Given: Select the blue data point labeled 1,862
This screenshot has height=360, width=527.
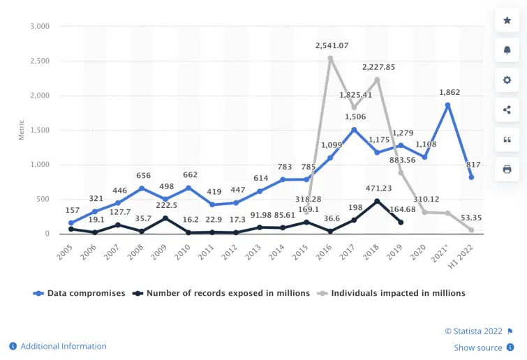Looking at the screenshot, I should point(447,105).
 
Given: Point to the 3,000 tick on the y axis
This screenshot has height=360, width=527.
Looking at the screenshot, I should point(39,27).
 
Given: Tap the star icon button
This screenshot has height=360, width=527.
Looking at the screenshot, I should point(507,20).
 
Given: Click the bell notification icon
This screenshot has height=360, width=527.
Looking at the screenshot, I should point(507,50).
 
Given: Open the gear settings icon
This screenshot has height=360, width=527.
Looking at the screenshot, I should point(507,80).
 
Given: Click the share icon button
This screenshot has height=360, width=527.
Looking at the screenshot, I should point(507,110).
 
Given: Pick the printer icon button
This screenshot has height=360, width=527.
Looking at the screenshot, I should point(507,169).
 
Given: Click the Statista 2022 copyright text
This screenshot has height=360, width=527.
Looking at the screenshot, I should point(474,331).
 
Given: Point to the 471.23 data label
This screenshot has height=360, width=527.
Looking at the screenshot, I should point(377,188).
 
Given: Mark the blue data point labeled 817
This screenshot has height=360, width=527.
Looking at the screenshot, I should point(472,177).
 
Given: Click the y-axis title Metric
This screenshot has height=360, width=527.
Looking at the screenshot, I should point(22,130).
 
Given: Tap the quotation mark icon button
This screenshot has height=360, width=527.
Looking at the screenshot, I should point(507,140).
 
